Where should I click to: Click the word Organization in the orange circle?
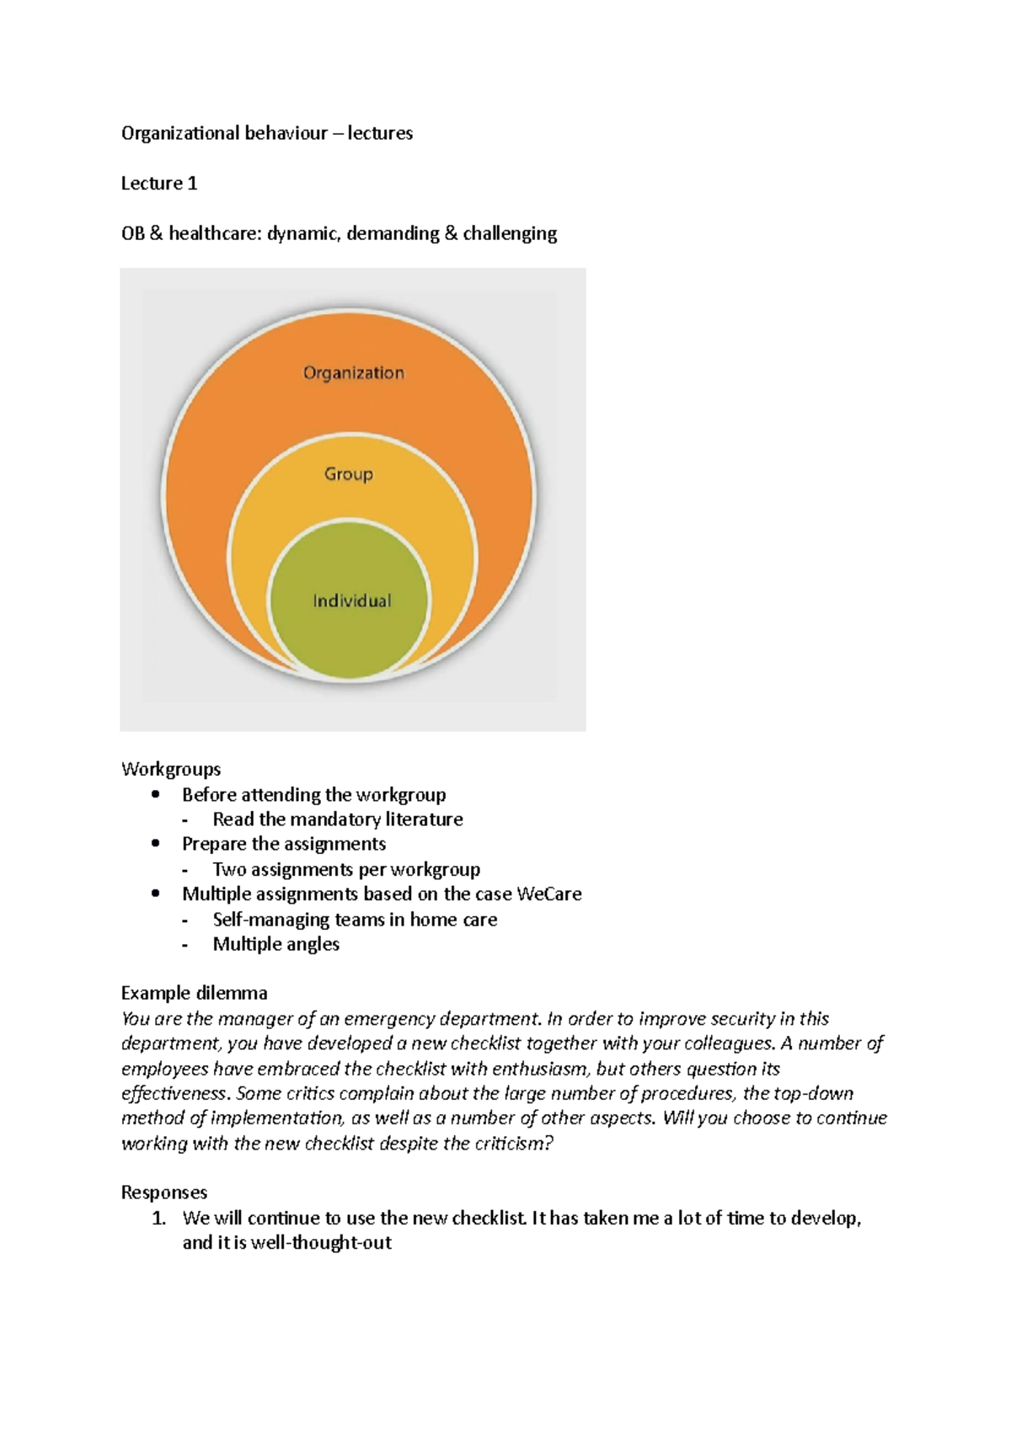353,373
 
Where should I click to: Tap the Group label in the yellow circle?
349,474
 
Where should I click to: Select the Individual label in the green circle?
352,600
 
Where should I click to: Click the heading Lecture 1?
159,184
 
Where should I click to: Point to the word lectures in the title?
380,133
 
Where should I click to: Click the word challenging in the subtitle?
510,233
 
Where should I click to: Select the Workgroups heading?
171,769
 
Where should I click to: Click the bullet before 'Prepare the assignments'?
155,844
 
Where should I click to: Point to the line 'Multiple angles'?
275,944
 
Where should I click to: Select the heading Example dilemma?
195,993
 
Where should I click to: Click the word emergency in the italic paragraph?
383,1019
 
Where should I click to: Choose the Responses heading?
164,1193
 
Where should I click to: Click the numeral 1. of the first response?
159,1219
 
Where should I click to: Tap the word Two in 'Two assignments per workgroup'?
228,869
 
